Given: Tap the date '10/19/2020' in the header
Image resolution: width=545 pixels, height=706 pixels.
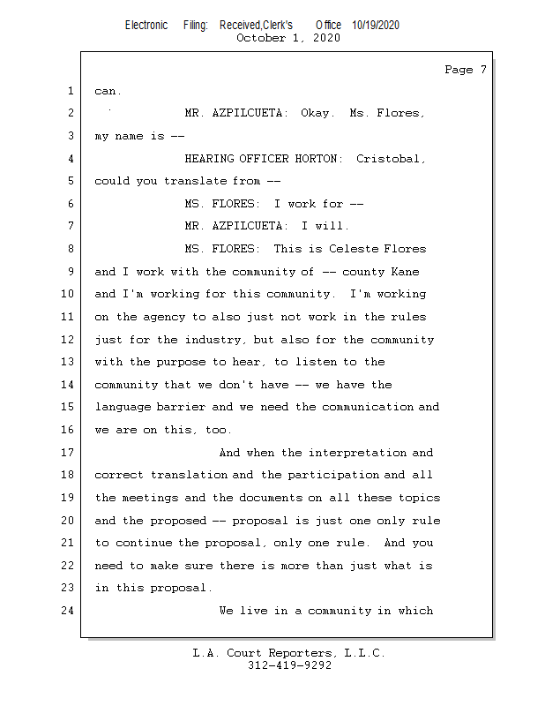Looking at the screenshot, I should (375, 26).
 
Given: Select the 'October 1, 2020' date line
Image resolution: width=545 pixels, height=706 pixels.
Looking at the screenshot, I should (288, 38).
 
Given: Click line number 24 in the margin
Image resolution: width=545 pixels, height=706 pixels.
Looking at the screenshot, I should (68, 611).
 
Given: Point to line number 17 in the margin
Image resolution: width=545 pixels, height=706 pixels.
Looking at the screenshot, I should (68, 453).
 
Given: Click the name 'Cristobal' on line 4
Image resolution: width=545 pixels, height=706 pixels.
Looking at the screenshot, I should (390, 159).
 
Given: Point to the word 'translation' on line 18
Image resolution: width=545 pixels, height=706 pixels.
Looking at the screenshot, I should (189, 475).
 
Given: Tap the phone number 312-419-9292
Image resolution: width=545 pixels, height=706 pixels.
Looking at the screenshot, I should (289, 665).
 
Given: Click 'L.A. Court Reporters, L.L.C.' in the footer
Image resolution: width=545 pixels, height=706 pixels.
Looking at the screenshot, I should (288, 653).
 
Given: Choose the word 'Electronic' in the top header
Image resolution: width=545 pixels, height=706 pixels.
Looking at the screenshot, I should (146, 26).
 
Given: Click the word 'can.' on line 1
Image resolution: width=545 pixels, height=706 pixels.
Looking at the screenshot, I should (108, 91).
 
